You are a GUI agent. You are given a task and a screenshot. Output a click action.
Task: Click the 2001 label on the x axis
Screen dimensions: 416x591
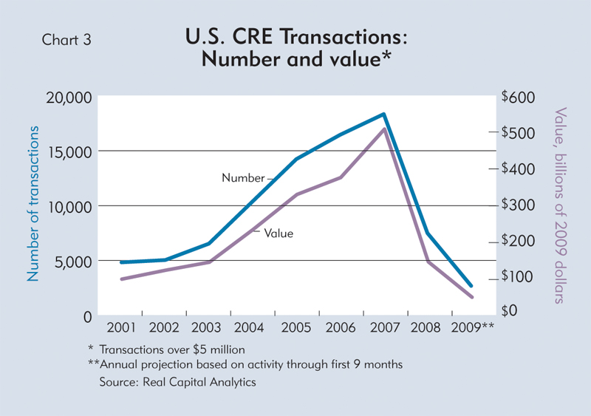click(x=120, y=327)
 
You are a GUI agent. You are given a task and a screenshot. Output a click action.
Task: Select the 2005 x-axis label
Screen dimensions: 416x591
click(x=296, y=327)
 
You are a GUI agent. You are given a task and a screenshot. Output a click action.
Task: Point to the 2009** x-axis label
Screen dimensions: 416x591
click(x=471, y=327)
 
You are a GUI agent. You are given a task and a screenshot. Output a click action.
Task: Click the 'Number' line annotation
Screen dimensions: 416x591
click(x=243, y=178)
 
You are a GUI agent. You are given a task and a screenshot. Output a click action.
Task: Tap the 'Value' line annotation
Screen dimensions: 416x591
click(x=279, y=233)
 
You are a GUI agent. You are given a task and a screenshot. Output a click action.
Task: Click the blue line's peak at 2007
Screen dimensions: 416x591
click(x=383, y=115)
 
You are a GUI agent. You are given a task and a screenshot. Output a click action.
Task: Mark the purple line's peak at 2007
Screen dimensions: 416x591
click(x=383, y=129)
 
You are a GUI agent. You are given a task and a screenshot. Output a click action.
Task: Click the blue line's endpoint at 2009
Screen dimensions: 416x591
click(x=471, y=285)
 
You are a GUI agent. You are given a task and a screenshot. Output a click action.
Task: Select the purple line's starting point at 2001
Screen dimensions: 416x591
click(x=121, y=279)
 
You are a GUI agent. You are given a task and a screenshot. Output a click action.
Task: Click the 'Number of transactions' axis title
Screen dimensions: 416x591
click(x=33, y=203)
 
